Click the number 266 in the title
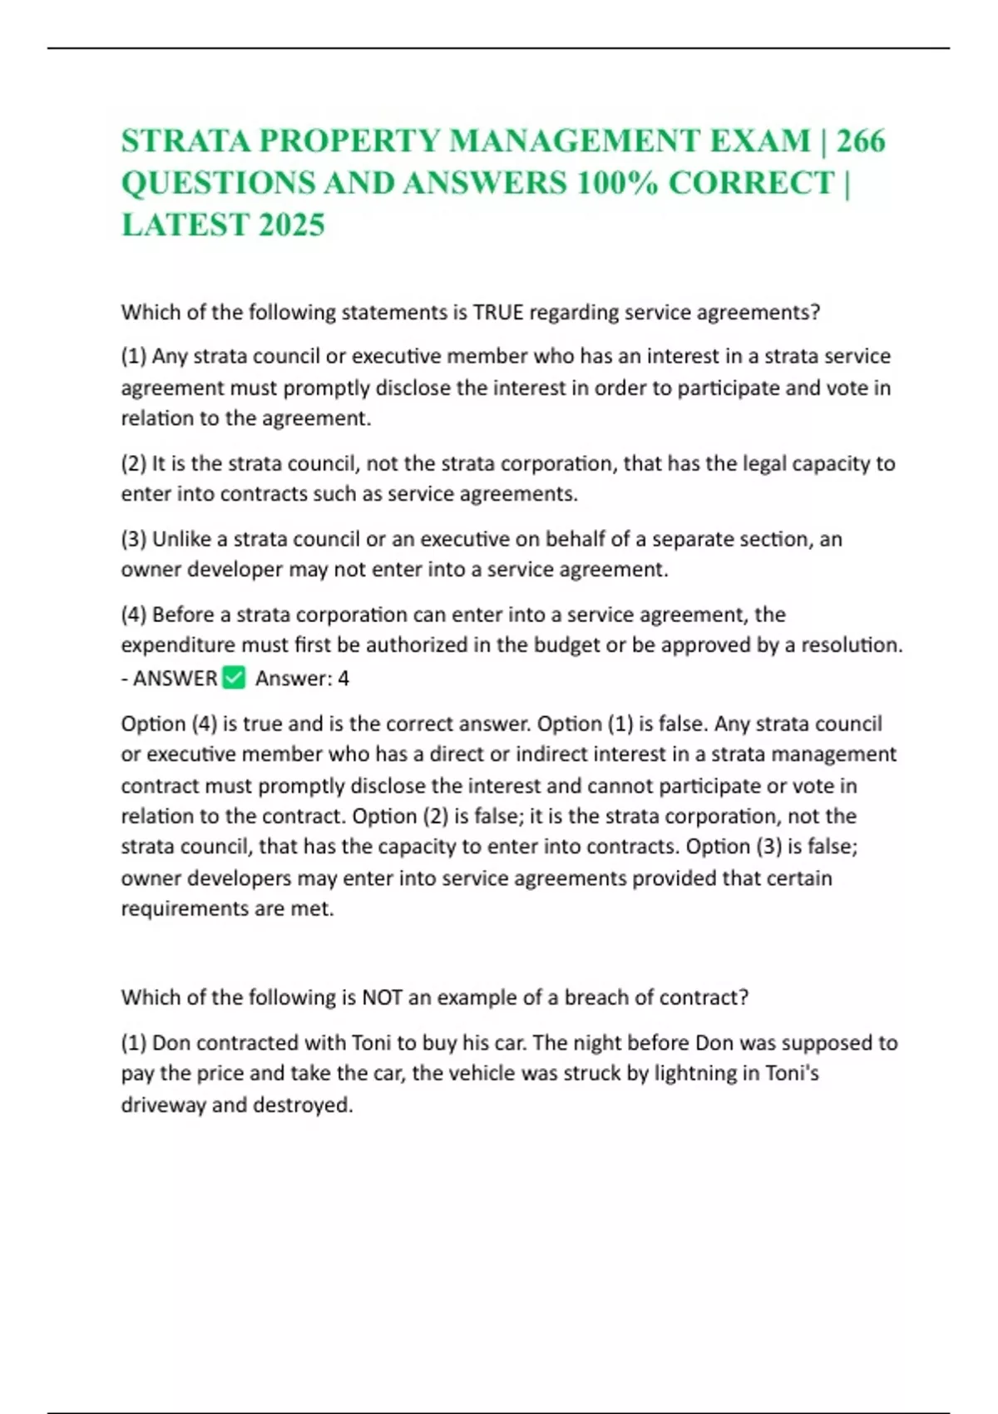[861, 141]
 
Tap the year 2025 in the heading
[291, 225]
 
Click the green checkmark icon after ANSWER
[235, 678]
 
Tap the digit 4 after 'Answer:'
[343, 679]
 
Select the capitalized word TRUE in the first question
[498, 313]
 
